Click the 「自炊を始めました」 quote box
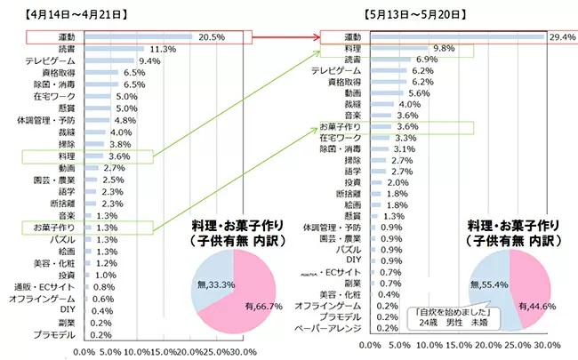445,317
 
